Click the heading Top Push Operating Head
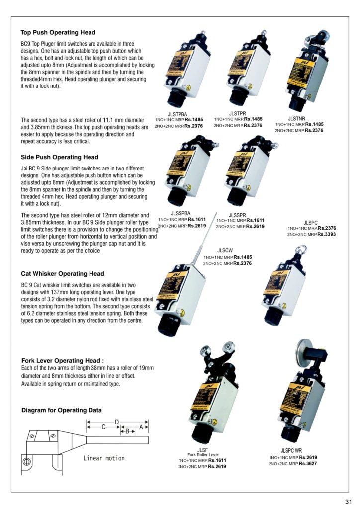pos(58,33)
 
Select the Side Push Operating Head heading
pos(59,157)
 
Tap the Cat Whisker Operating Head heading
pos(63,274)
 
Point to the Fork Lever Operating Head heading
pos(63,360)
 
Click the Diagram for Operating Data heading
pos(62,410)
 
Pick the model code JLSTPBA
pos(178,114)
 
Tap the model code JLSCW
pos(225,250)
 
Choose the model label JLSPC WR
pos(291,451)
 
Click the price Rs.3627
pos(305,464)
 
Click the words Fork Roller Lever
pos(203,455)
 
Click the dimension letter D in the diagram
pos(117,422)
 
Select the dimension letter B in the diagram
pos(127,431)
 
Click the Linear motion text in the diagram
pos(104,458)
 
